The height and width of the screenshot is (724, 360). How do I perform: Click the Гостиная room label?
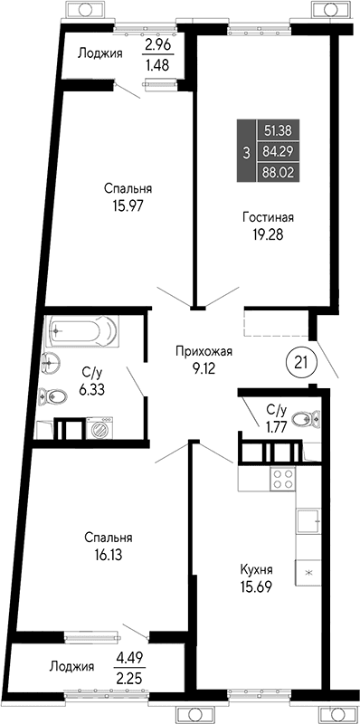(x=268, y=217)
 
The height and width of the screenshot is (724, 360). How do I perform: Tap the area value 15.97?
(x=127, y=205)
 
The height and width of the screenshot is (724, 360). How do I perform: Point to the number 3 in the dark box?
(x=246, y=151)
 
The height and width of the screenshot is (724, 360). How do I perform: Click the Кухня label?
(x=257, y=569)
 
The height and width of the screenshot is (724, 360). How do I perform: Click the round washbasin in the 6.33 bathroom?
(x=52, y=364)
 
